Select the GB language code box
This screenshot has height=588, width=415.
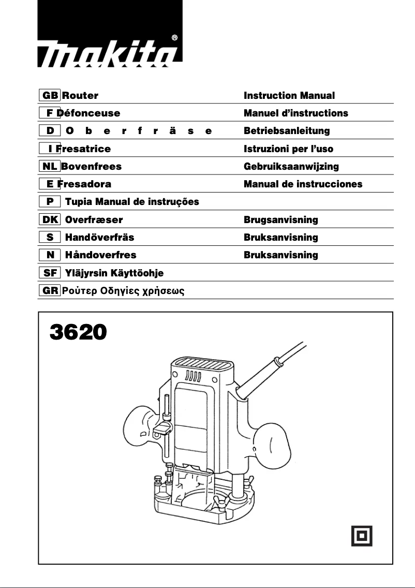click(50, 95)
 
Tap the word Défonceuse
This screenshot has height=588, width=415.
click(89, 113)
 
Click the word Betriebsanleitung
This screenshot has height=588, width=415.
click(287, 130)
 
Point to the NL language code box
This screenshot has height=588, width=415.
click(50, 166)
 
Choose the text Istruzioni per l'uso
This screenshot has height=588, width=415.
click(288, 149)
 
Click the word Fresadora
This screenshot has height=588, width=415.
click(85, 184)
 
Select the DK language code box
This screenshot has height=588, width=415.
click(50, 219)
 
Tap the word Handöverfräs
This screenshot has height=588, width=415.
click(99, 237)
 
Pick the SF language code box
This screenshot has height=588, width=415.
click(50, 272)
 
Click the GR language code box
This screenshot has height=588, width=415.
click(50, 290)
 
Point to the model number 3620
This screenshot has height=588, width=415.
click(78, 332)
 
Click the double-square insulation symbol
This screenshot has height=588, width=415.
click(362, 535)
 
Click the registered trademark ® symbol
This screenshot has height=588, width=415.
click(174, 38)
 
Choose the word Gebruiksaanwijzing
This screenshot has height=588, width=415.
click(291, 166)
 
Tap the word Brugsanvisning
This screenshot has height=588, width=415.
click(281, 219)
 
